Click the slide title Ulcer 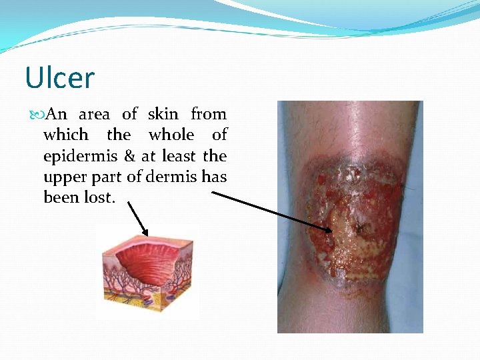click(59, 78)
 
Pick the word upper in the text click(65, 177)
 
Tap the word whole click(171, 135)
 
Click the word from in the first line click(209, 114)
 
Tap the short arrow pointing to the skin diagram click(137, 219)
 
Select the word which click(65, 135)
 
